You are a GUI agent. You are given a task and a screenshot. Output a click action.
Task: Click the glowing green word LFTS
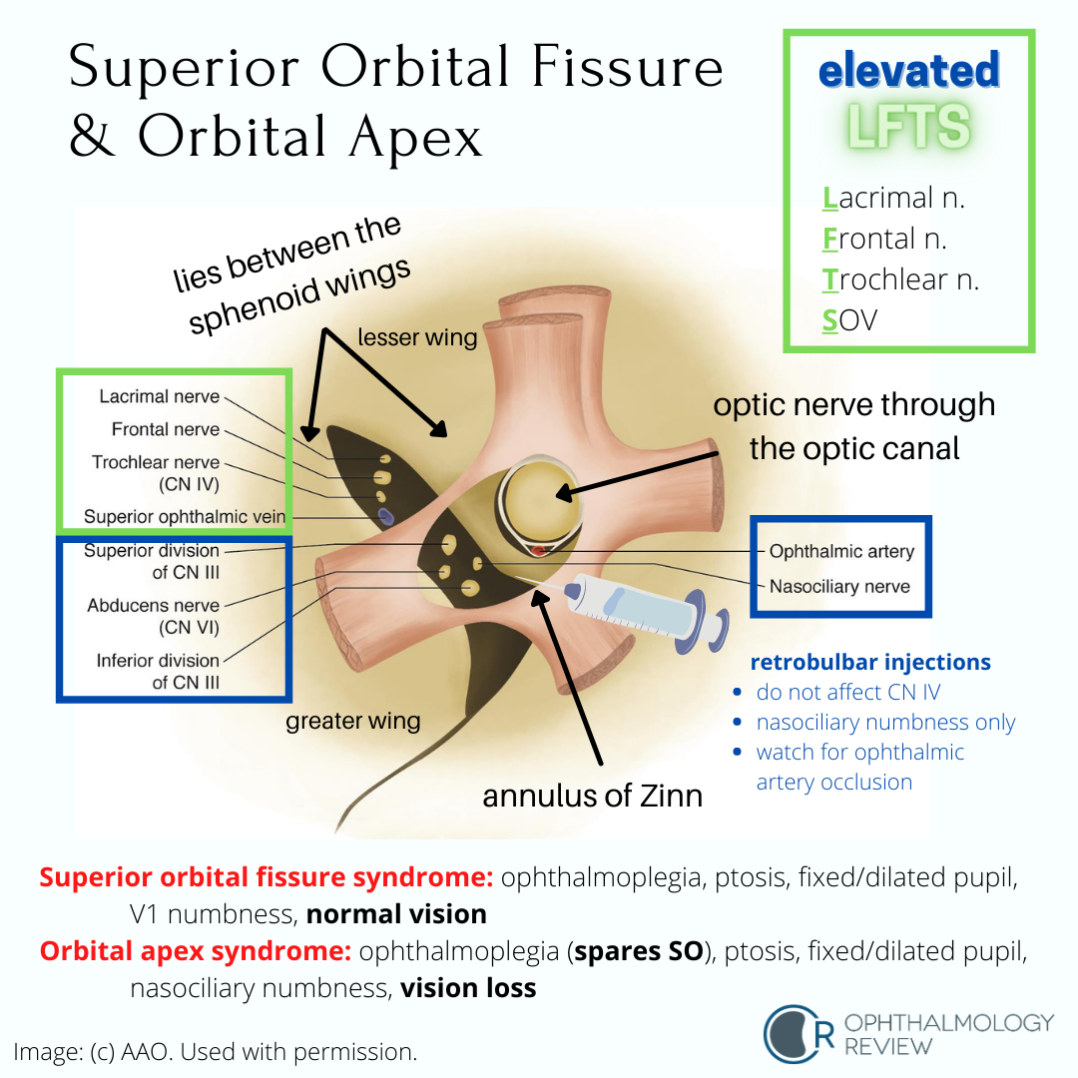point(908,129)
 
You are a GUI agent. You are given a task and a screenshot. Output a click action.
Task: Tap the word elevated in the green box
point(908,72)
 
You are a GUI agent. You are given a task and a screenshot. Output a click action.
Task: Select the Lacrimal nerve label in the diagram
point(159,397)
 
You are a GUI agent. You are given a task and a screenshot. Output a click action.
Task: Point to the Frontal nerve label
point(167,430)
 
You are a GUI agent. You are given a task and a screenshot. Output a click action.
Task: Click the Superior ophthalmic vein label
point(185,517)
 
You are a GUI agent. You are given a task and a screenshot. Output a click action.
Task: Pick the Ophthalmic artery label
point(840,552)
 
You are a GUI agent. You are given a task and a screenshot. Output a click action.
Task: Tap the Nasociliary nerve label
point(838,586)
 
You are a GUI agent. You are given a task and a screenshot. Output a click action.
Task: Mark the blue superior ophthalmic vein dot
point(386,515)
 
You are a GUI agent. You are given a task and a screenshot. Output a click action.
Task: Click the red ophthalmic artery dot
point(539,550)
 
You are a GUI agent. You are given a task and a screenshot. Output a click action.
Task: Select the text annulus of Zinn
point(593,796)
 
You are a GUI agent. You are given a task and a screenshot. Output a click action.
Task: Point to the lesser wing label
point(417,338)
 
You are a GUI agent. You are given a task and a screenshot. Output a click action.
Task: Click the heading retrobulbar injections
point(869,663)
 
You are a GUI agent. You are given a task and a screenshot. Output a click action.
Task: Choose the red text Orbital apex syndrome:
point(195,951)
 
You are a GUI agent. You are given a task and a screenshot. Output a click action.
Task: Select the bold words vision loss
point(468,988)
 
